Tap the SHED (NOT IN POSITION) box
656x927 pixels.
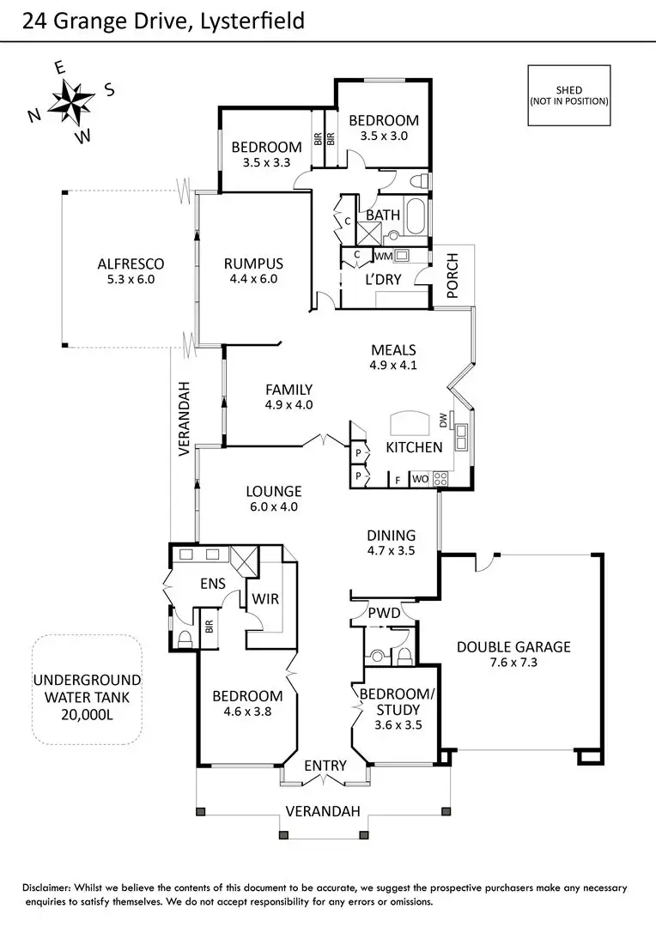[x=568, y=95]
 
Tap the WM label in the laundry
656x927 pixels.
[x=383, y=257]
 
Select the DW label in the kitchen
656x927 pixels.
[x=443, y=421]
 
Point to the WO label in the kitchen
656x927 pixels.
[x=421, y=479]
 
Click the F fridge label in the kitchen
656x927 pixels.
[x=398, y=479]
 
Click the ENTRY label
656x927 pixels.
[x=325, y=766]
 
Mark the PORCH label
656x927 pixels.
[x=453, y=276]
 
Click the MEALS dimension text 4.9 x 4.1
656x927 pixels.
[x=394, y=364]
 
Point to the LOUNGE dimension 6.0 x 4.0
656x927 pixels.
[x=274, y=506]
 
